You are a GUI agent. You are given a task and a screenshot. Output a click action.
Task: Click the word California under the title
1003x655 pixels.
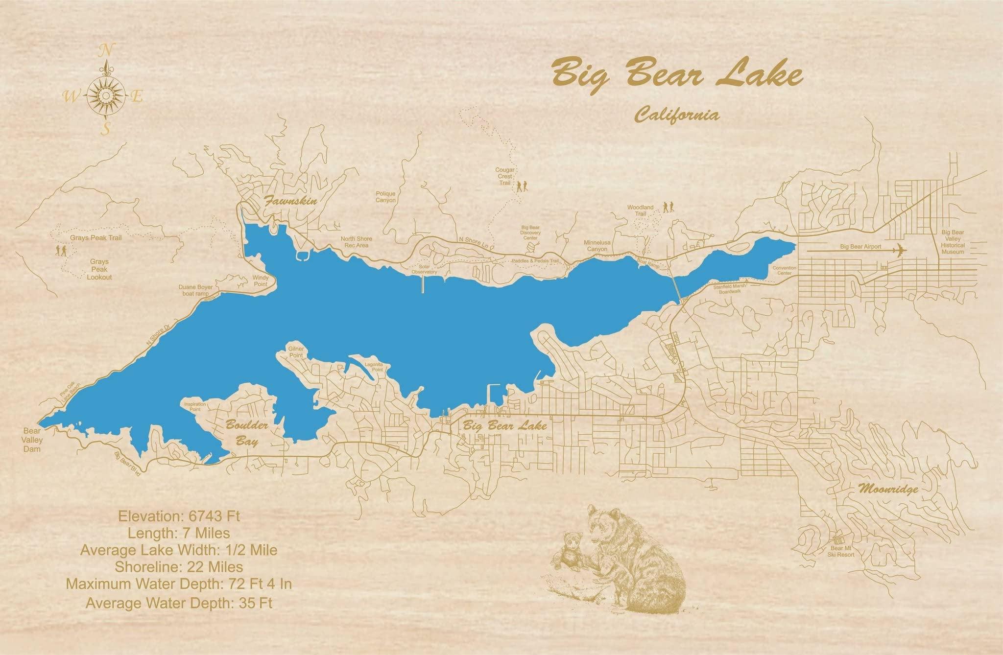[x=677, y=116]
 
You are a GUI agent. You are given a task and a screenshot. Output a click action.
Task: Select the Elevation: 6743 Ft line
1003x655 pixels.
[x=179, y=515]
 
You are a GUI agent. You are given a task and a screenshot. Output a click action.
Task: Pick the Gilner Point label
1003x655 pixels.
[x=296, y=351]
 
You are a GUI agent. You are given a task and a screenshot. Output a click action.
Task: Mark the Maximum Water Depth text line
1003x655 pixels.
[x=179, y=584]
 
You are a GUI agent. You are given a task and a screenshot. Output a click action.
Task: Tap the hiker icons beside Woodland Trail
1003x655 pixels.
[x=669, y=208]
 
